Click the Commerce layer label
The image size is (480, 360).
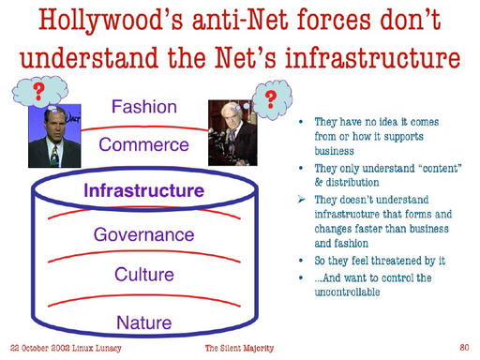(144, 145)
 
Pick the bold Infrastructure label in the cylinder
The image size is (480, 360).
(143, 190)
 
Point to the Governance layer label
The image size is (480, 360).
(142, 234)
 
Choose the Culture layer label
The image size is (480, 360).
(143, 275)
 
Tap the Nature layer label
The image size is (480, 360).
(143, 322)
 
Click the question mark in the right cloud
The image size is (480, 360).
(272, 99)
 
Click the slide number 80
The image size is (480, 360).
(463, 347)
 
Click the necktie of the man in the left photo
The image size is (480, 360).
(52, 154)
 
